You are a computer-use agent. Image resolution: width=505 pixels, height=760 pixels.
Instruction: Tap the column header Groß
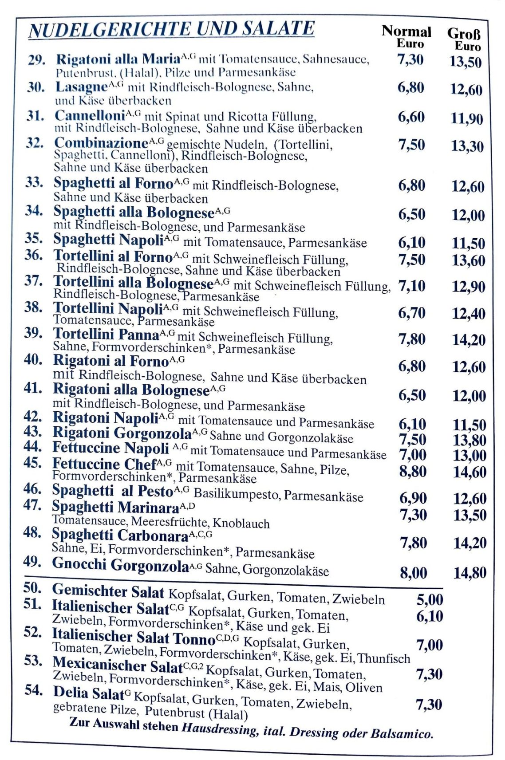point(463,33)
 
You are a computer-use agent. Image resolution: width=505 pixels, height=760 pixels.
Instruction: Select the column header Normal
point(406,32)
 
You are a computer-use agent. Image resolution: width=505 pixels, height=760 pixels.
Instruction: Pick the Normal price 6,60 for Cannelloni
point(411,117)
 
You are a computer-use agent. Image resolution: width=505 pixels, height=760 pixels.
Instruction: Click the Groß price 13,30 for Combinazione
point(467,146)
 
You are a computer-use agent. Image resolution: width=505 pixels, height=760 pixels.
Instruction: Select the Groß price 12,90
point(469,287)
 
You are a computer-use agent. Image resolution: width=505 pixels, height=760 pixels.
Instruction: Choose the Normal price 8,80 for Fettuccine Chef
point(413,471)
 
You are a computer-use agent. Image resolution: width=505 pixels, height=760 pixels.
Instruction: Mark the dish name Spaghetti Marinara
point(115,507)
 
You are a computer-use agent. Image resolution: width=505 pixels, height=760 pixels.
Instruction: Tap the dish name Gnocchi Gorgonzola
point(120,565)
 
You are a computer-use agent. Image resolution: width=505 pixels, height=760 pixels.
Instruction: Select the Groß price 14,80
point(469,573)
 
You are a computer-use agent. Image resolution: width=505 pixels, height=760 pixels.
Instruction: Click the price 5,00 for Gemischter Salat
point(429,600)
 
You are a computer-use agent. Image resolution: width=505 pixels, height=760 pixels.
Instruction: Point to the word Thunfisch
point(384,658)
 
